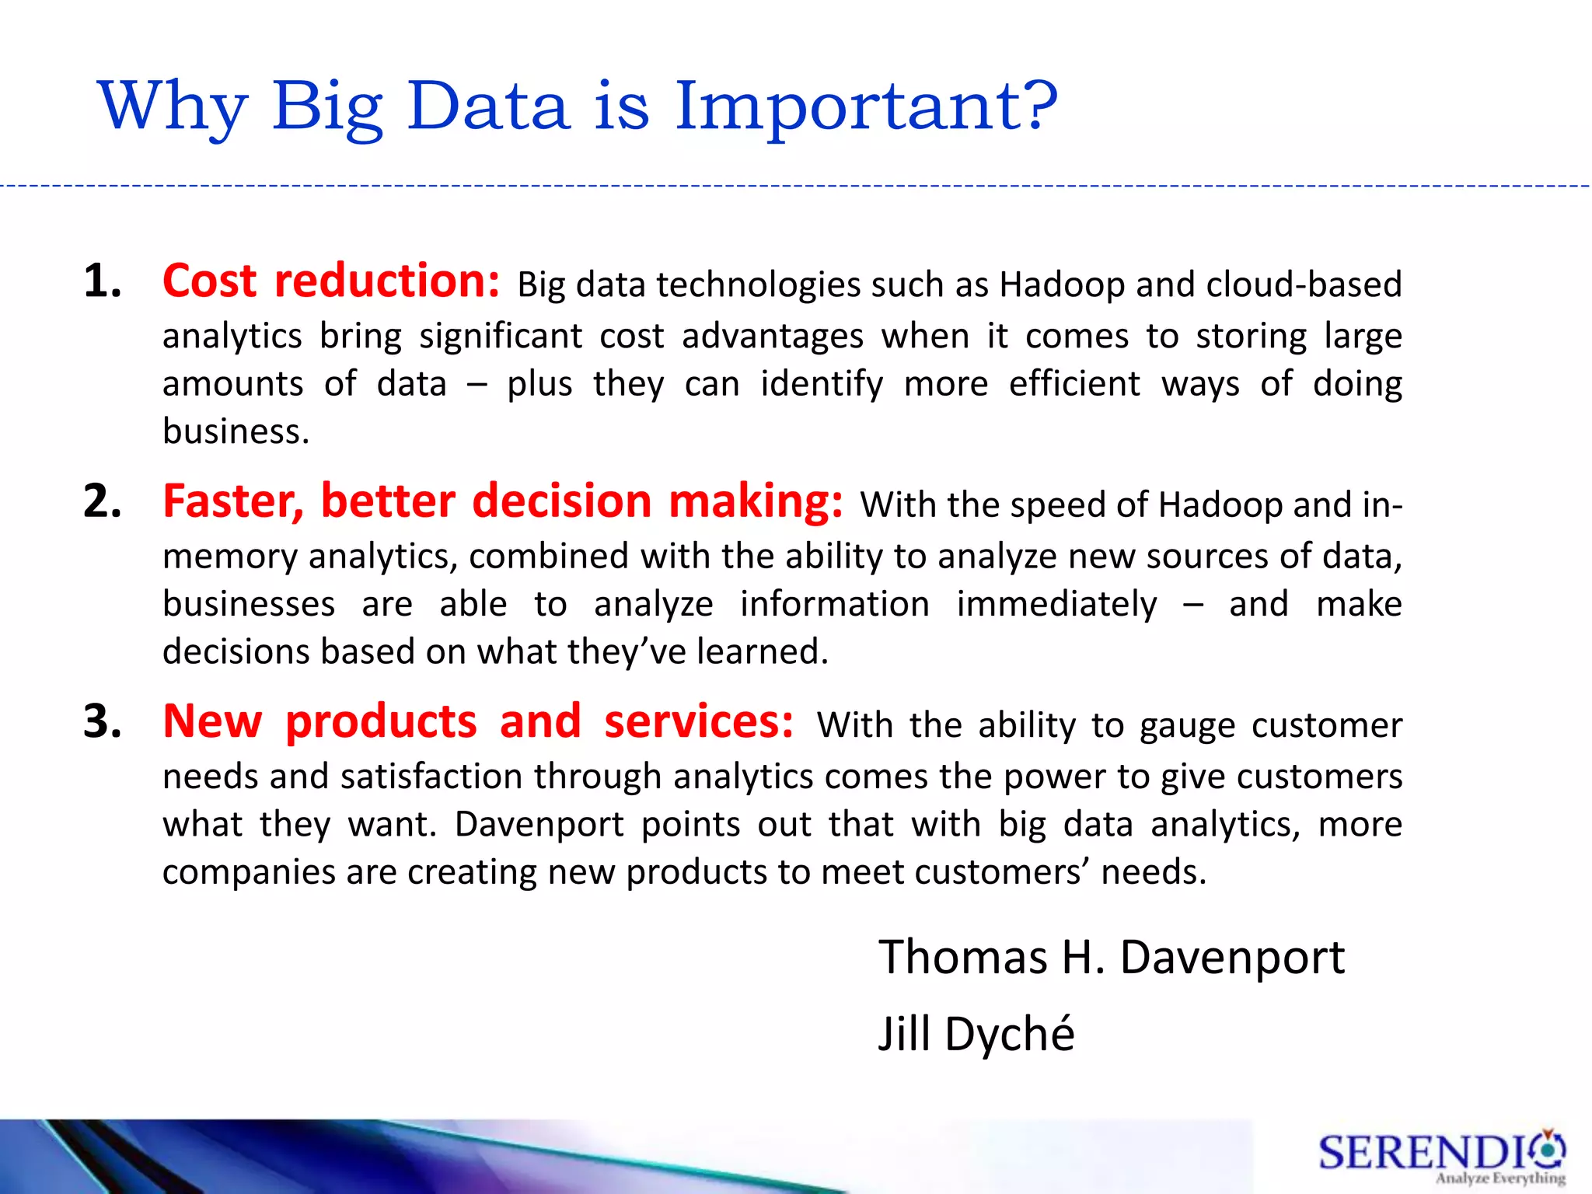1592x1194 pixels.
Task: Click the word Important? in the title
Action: tap(865, 106)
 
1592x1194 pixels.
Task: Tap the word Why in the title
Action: tap(173, 106)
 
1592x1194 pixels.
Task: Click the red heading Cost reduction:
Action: tap(331, 281)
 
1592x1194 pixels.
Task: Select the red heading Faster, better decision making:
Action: tap(502, 501)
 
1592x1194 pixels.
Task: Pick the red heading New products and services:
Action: tap(478, 721)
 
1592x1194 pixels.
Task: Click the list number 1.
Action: tap(103, 281)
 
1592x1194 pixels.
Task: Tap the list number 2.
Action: tap(103, 501)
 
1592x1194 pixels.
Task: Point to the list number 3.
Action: tap(103, 721)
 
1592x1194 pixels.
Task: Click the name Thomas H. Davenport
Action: tap(1111, 957)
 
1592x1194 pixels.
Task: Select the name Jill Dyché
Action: tap(976, 1034)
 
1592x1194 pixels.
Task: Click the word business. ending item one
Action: tap(236, 431)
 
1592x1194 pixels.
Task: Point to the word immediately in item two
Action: tap(1056, 604)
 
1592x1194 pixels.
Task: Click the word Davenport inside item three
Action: tap(539, 824)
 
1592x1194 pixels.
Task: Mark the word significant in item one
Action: tap(501, 337)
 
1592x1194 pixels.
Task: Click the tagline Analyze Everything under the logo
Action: tap(1499, 1178)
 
